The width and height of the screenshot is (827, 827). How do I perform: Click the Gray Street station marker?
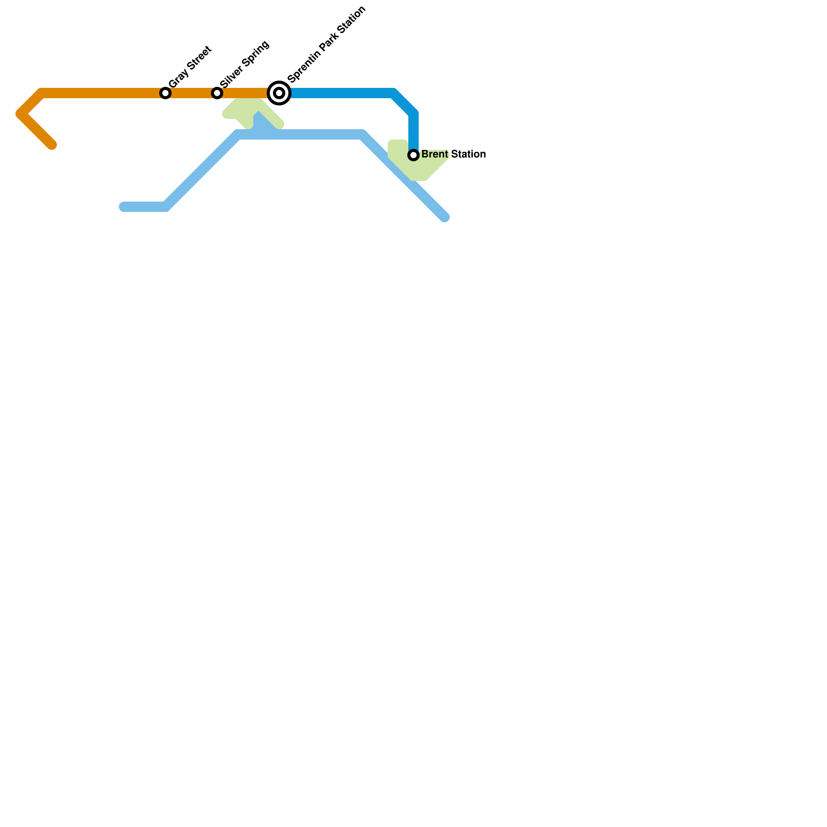(165, 93)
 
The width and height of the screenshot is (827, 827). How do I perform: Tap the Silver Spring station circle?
(217, 93)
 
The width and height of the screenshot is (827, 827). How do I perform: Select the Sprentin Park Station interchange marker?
(279, 93)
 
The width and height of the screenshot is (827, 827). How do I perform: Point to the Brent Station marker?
(413, 155)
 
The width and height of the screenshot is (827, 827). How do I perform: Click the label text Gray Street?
(190, 67)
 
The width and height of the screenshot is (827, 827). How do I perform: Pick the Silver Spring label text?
(244, 64)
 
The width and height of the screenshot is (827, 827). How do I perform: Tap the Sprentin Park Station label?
(327, 44)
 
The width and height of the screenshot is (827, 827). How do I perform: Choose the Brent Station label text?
(453, 154)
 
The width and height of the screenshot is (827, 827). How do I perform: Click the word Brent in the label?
(435, 154)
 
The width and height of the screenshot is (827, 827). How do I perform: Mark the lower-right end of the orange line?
(52, 145)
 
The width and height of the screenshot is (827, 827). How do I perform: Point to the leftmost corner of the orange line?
(20, 114)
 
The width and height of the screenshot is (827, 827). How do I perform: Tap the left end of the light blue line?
(123, 207)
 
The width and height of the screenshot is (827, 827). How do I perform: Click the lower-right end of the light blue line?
(445, 218)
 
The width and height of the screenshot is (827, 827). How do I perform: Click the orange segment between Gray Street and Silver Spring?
(191, 93)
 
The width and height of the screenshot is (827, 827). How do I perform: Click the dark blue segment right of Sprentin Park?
(341, 93)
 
